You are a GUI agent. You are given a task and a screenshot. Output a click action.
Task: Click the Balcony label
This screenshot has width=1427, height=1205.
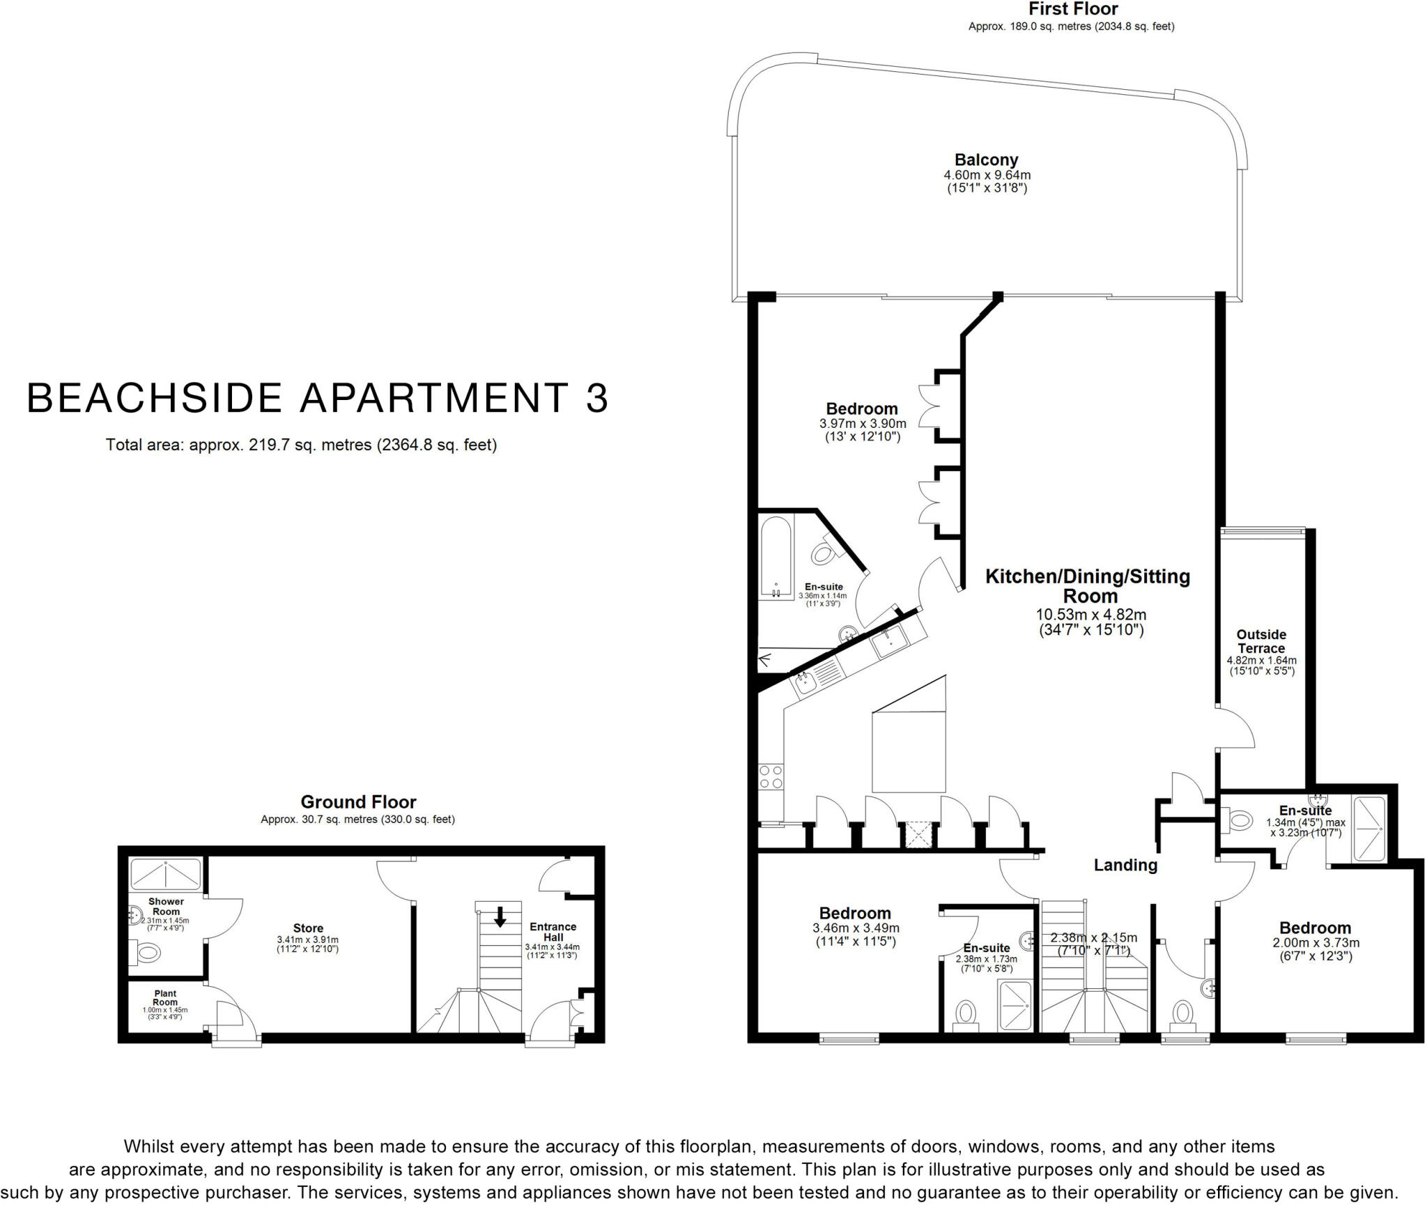click(x=986, y=160)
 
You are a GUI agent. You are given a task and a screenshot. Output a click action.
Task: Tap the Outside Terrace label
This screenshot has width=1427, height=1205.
click(x=1261, y=641)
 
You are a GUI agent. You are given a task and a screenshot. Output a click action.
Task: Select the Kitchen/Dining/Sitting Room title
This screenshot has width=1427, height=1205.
click(x=1088, y=586)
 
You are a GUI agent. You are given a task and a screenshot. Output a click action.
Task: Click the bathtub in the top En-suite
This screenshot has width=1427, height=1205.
click(x=776, y=557)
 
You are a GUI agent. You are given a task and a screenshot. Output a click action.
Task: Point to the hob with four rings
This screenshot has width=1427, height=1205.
click(x=771, y=776)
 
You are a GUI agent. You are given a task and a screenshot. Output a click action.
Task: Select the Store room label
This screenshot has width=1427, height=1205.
click(x=308, y=928)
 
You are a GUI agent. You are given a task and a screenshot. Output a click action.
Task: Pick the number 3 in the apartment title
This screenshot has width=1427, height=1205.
click(x=596, y=398)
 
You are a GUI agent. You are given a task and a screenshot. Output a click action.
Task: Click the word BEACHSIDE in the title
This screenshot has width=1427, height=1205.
click(x=153, y=398)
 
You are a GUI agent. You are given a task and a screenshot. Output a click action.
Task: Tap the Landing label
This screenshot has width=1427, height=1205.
click(x=1125, y=865)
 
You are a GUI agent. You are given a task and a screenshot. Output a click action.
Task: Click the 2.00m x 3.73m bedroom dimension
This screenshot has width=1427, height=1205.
click(x=1316, y=943)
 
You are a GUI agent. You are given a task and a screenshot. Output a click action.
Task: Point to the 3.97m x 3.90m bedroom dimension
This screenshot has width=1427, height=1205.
click(x=863, y=424)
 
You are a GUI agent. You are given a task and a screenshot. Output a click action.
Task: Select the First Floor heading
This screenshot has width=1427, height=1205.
click(x=1073, y=9)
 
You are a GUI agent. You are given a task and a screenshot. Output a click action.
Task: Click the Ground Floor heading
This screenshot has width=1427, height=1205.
click(x=358, y=801)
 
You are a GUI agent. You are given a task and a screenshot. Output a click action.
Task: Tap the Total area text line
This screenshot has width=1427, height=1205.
click(x=301, y=445)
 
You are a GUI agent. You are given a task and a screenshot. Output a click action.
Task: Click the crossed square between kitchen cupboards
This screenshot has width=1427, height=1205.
click(x=918, y=836)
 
